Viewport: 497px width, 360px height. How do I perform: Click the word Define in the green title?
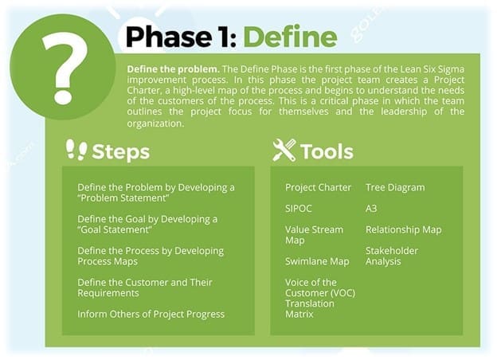[x=290, y=37]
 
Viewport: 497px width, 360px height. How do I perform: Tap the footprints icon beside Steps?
[x=76, y=150]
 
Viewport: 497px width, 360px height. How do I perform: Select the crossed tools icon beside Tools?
[x=284, y=151]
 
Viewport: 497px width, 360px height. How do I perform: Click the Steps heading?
[x=120, y=152]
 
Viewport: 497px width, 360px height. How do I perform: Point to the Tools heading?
[x=327, y=151]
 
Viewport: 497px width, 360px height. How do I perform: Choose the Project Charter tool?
[x=318, y=188]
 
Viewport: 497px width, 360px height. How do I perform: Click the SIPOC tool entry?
[x=298, y=209]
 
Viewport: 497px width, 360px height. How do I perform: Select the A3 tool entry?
[x=371, y=209]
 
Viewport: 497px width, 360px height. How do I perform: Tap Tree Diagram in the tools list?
[x=395, y=188]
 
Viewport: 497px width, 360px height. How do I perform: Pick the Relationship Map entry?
[x=404, y=229]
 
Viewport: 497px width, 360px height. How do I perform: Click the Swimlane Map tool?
[x=317, y=261]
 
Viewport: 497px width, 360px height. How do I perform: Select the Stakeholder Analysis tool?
[x=392, y=256]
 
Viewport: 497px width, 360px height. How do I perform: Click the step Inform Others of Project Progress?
[x=151, y=314]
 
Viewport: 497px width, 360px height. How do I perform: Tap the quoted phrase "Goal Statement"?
[x=115, y=229]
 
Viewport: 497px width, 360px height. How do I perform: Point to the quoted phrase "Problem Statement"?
[x=123, y=198]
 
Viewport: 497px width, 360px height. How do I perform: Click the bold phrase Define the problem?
[x=173, y=69]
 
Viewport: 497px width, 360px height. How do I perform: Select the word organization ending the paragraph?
[x=155, y=123]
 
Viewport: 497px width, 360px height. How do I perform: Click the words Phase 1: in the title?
[x=182, y=37]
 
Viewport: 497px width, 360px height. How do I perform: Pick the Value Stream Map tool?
[x=314, y=235]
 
